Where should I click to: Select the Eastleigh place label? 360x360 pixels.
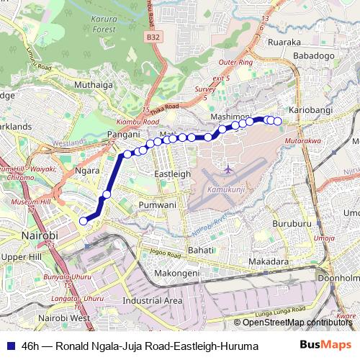tap(174, 174)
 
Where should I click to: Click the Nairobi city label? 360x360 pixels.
tap(40, 235)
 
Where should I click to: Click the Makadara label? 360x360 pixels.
tap(269, 261)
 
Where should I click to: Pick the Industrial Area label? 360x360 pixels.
tap(153, 300)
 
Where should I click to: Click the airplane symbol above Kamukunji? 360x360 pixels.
tap(228, 169)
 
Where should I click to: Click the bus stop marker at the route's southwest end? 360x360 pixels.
tap(84, 221)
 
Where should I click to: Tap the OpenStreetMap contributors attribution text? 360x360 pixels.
tap(298, 322)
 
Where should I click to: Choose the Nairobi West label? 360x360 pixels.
tap(65, 318)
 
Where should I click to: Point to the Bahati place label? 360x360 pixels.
tap(201, 249)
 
